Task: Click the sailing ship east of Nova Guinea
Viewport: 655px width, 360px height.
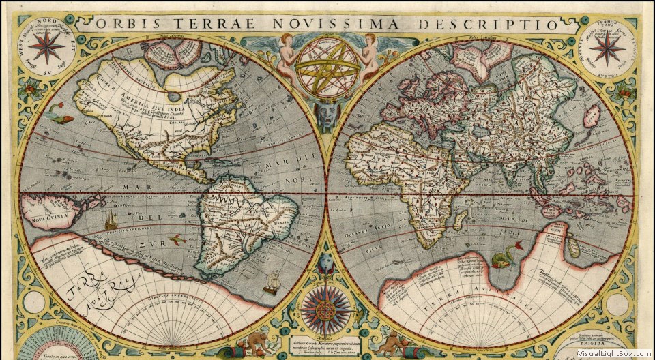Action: [x=111, y=220]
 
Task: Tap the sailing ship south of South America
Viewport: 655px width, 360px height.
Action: [x=273, y=280]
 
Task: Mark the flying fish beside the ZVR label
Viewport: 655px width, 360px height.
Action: [x=176, y=239]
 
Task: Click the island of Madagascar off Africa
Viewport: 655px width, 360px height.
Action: [x=461, y=220]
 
